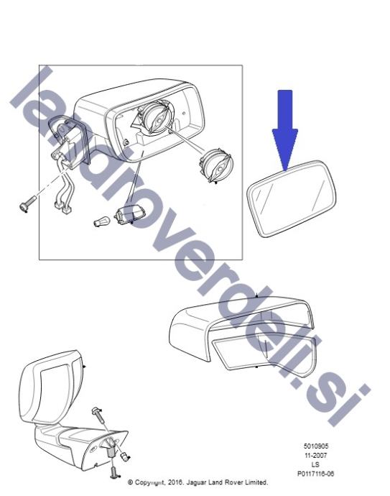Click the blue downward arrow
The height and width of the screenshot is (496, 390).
click(284, 129)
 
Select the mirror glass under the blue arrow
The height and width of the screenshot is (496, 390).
click(292, 198)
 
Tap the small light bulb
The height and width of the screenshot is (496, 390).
click(101, 221)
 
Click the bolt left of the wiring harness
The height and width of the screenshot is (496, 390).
click(27, 204)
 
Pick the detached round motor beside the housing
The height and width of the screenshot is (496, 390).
click(216, 166)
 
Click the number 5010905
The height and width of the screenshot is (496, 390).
click(316, 446)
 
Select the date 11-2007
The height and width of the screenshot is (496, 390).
click(316, 456)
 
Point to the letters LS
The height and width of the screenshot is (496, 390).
click(315, 464)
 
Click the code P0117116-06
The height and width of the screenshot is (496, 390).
click(315, 474)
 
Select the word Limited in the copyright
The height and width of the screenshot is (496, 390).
click(256, 482)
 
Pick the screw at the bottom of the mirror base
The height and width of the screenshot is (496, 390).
click(114, 472)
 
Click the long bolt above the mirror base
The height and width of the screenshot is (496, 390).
click(100, 415)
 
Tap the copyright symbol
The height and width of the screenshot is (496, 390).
click(130, 482)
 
